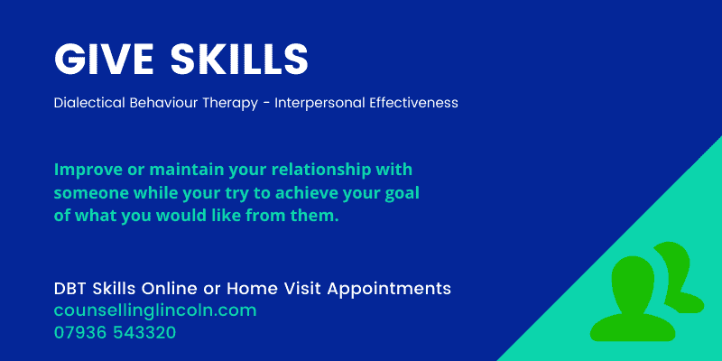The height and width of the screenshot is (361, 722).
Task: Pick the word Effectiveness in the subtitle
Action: coord(413,103)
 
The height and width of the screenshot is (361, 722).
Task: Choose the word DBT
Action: coord(72,289)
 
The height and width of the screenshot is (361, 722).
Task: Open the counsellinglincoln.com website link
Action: coord(155,310)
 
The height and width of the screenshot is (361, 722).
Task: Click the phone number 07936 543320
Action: coord(115,332)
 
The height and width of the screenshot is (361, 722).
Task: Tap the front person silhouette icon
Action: coord(629,298)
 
